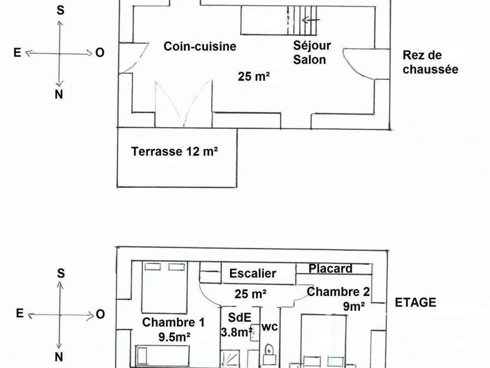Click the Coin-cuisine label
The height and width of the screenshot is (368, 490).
[200, 46]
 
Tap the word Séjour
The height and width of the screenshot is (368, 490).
[312, 45]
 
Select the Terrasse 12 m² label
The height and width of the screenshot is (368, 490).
[174, 152]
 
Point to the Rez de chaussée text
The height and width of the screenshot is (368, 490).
[430, 62]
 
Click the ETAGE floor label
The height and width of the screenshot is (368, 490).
[415, 303]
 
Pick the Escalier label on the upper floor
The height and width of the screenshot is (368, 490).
[253, 273]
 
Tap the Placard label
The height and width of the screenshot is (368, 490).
[330, 269]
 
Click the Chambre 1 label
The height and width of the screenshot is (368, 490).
[173, 323]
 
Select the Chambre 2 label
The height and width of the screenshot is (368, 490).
[339, 292]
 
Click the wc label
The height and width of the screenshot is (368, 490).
[269, 327]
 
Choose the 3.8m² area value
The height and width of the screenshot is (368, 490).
[236, 332]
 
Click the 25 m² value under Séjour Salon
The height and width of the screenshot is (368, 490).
[254, 76]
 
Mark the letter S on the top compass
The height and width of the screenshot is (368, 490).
[60, 11]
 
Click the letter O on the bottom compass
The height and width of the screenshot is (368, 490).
[100, 314]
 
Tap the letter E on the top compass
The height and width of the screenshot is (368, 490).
[17, 53]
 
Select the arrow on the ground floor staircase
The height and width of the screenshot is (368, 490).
[312, 20]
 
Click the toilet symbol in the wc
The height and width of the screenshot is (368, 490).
[269, 350]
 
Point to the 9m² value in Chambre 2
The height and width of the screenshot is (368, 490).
[354, 306]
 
